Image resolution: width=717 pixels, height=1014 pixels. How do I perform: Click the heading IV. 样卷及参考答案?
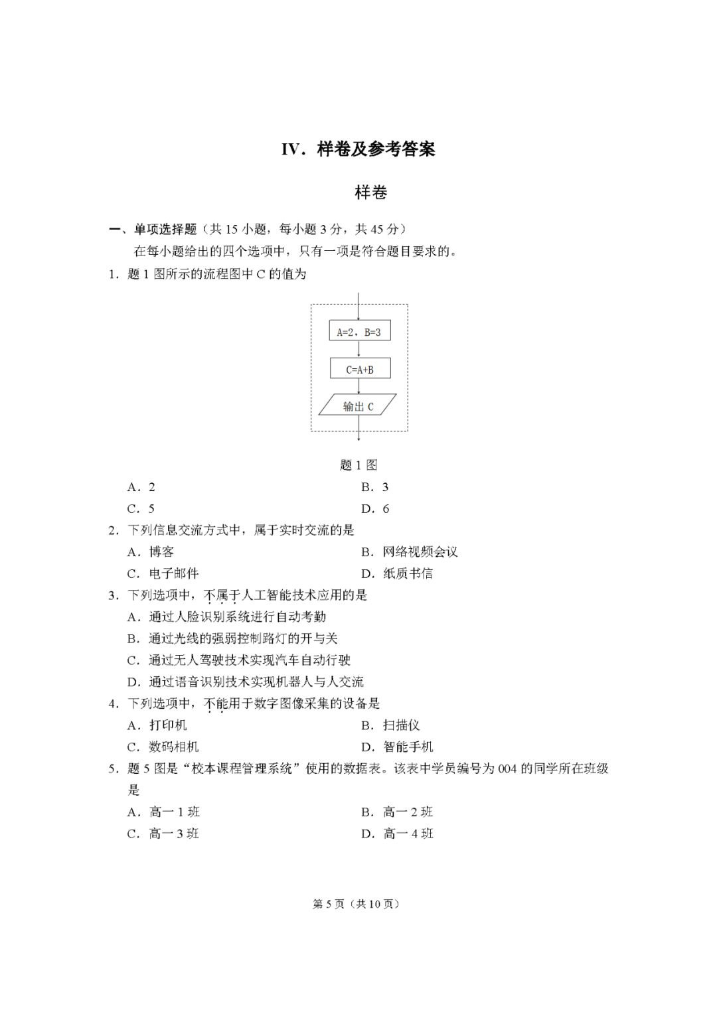tap(358, 149)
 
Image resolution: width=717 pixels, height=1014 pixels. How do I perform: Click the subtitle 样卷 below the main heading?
tap(371, 193)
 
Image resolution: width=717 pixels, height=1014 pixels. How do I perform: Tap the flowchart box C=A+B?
tap(359, 369)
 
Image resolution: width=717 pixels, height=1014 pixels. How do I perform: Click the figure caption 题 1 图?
tap(358, 465)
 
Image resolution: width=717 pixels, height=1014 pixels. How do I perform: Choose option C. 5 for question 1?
tap(141, 509)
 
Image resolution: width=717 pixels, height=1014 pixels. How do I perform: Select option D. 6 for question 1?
tap(375, 509)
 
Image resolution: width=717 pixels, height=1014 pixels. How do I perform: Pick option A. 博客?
tap(151, 552)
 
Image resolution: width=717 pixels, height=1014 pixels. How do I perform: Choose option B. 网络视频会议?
tap(410, 552)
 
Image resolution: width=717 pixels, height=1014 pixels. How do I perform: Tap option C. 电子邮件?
tap(163, 573)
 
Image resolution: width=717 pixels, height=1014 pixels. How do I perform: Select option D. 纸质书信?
tap(397, 573)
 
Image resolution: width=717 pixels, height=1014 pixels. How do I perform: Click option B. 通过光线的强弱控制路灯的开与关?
tap(232, 638)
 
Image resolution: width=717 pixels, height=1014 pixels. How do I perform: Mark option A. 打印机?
tap(157, 725)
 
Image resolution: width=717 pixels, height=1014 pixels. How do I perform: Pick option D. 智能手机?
tap(397, 747)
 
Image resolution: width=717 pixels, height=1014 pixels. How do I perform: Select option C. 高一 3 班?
tap(163, 833)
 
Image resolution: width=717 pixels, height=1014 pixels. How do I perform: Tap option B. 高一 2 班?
tap(397, 812)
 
